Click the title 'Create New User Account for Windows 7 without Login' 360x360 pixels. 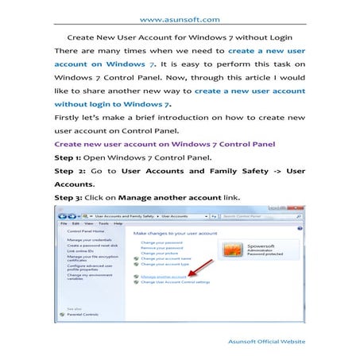click(180, 37)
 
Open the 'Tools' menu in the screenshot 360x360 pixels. click(102, 223)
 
